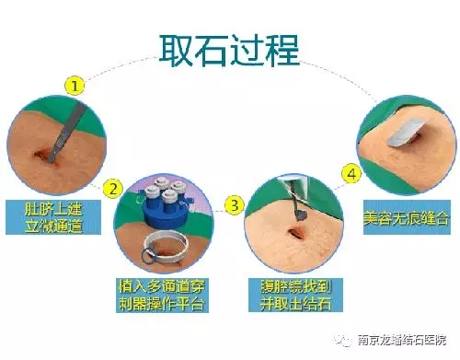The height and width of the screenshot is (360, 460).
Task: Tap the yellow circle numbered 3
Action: tap(235, 202)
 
